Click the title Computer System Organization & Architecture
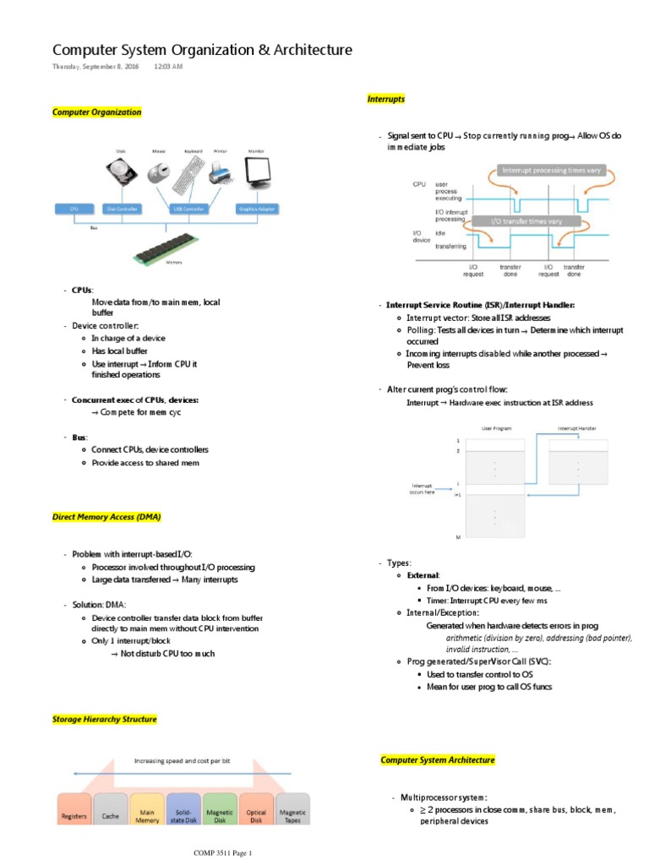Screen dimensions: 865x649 pos(202,51)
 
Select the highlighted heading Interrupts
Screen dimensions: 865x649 pos(385,99)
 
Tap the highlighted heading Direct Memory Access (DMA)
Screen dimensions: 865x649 pos(106,516)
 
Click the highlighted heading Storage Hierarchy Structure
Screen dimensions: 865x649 pos(104,719)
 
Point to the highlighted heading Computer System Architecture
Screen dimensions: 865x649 pos(438,760)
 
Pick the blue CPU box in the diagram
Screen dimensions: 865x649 pos(74,208)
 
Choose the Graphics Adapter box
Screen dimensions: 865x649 pos(256,208)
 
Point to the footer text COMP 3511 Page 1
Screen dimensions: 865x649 pos(224,853)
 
